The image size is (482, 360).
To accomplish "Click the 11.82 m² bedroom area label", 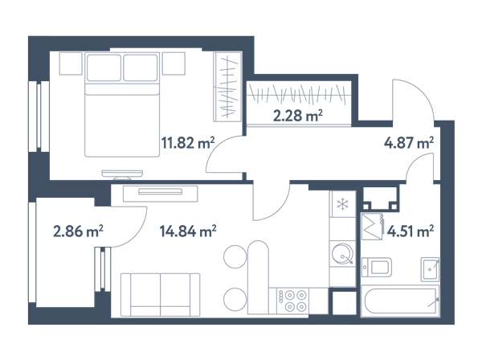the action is pyautogui.click(x=188, y=143).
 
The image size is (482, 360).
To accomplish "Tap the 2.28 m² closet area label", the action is pyautogui.click(x=297, y=116).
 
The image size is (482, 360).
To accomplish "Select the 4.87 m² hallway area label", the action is pyautogui.click(x=409, y=143).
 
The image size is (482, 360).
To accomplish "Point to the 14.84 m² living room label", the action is pyautogui.click(x=188, y=231).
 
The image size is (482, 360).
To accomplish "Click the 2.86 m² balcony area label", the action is pyautogui.click(x=78, y=231).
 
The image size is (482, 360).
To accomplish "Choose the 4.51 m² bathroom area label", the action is pyautogui.click(x=411, y=231).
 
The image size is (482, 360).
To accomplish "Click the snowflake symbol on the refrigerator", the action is pyautogui.click(x=342, y=204).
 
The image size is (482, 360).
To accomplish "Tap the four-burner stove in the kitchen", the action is pyautogui.click(x=292, y=301).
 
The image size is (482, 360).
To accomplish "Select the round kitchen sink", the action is pyautogui.click(x=342, y=254).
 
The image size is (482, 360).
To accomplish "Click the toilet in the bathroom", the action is pyautogui.click(x=377, y=267).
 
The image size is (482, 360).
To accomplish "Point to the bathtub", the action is pyautogui.click(x=400, y=301).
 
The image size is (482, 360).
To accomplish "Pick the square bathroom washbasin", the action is pyautogui.click(x=430, y=269).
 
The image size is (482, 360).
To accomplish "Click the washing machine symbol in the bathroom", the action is pyautogui.click(x=372, y=227).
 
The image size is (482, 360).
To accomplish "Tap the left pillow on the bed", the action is pyautogui.click(x=104, y=67).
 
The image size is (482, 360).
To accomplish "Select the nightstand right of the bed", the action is pyautogui.click(x=174, y=63).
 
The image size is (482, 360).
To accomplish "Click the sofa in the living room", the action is pyautogui.click(x=160, y=295).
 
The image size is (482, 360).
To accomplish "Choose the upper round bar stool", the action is pyautogui.click(x=235, y=256).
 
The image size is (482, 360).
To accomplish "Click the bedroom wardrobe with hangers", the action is pyautogui.click(x=227, y=87).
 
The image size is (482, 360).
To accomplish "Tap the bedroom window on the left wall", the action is pyautogui.click(x=39, y=117).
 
